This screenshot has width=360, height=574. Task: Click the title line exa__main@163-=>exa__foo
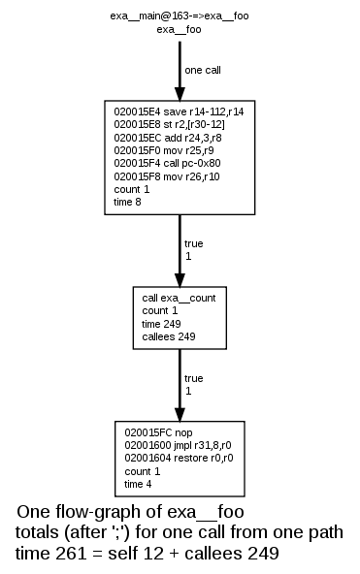click(x=180, y=16)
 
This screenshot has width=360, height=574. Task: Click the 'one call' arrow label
click(x=206, y=70)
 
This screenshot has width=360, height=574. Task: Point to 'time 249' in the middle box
click(x=163, y=323)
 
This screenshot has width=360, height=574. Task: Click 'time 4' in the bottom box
click(x=140, y=483)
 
